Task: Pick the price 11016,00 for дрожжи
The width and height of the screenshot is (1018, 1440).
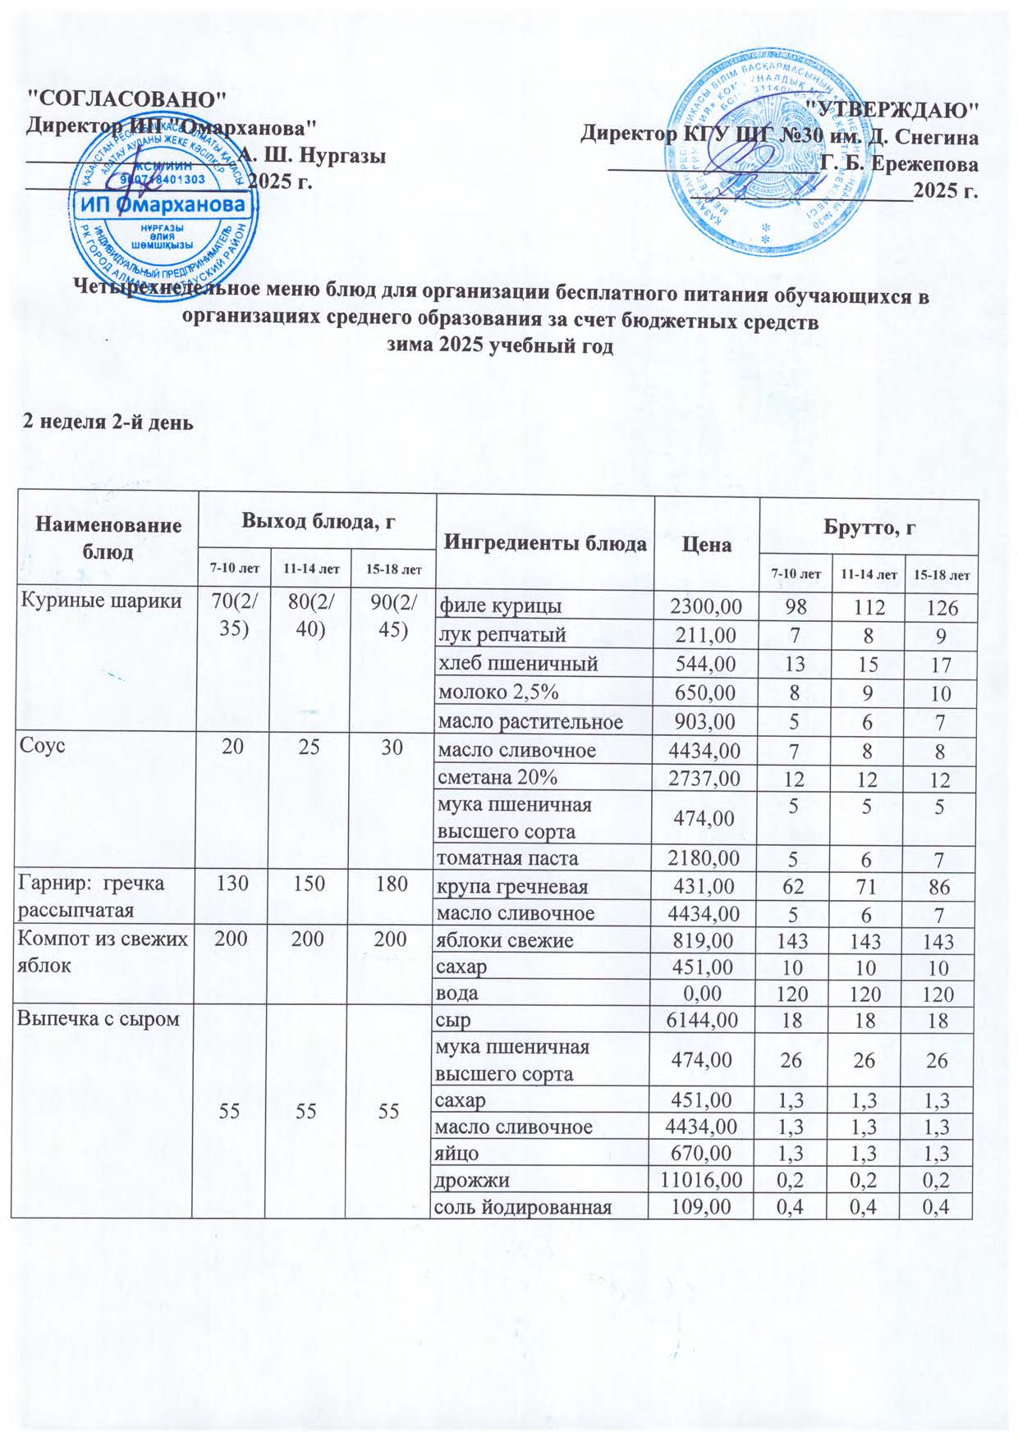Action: [x=701, y=1181]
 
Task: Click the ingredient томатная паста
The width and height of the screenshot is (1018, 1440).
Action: [x=508, y=859]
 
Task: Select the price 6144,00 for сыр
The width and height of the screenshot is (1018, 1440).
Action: [x=705, y=1022]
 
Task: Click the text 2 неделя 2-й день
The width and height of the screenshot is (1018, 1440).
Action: [x=108, y=423]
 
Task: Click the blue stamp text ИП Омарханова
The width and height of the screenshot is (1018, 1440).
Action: [x=163, y=203]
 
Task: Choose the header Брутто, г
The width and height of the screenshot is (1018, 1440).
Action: [x=869, y=530]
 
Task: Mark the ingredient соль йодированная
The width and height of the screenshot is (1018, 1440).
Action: [x=525, y=1208]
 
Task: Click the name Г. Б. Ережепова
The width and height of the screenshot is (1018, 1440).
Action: [x=900, y=163]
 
